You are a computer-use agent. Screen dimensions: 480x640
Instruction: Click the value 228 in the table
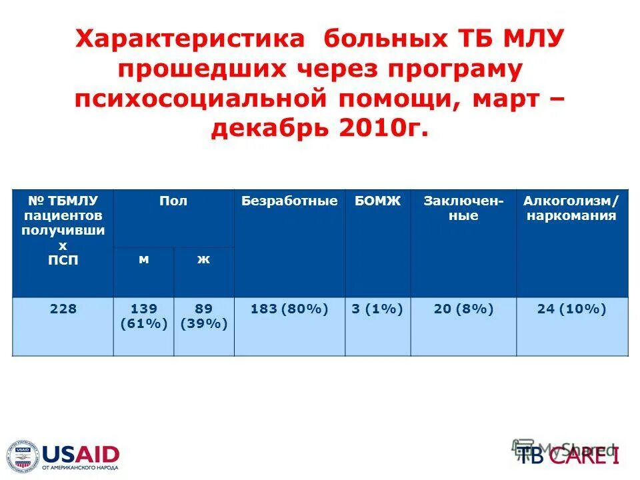(63, 309)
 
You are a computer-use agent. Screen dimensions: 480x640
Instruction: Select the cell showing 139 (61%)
(143, 317)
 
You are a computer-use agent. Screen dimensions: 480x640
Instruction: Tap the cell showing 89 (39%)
(203, 317)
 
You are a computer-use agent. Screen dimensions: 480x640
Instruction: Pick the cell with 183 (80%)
(289, 309)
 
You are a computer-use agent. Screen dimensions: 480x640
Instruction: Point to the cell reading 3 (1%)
(377, 309)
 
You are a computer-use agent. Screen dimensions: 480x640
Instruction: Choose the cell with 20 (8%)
(463, 309)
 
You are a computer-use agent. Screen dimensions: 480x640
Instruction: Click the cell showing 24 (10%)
(572, 309)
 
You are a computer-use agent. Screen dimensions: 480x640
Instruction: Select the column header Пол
(173, 201)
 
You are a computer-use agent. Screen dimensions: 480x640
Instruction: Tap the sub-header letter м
(143, 260)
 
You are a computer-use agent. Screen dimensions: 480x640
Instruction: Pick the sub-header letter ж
(203, 260)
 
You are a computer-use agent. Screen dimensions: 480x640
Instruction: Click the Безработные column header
(289, 201)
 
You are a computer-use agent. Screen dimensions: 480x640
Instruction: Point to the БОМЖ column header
(377, 201)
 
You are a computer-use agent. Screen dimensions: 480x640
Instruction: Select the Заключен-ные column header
(463, 209)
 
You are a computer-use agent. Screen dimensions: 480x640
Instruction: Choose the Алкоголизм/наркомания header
(572, 209)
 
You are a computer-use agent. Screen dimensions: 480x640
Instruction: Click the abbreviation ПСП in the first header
(63, 260)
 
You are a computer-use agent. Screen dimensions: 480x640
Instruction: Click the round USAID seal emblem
(23, 457)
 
